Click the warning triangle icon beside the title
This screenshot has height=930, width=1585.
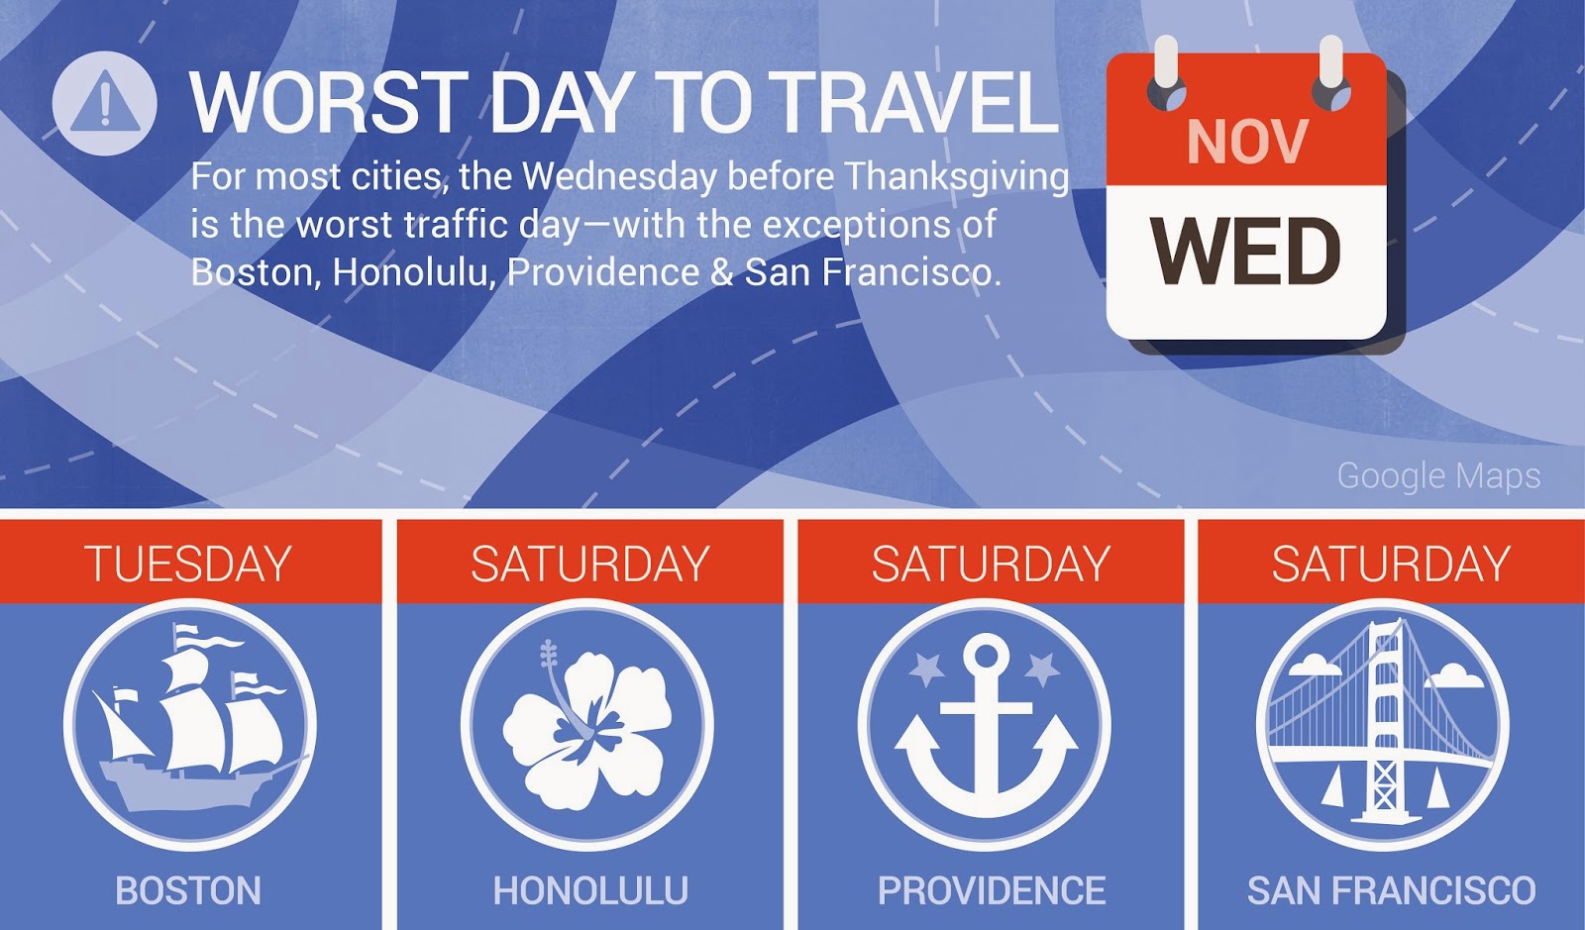coord(105,103)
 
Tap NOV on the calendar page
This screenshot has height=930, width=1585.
coord(1247,143)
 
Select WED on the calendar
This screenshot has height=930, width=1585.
coord(1246,251)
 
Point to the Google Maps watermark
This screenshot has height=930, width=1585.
coord(1438,475)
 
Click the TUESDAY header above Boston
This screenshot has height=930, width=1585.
coord(188,564)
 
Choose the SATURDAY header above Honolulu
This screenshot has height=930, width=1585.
coord(590,564)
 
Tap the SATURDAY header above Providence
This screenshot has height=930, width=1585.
coord(991,564)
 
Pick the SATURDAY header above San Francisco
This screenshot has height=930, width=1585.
coord(1391,564)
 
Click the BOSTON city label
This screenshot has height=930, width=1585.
coord(188,890)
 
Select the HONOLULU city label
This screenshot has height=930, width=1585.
coord(590,890)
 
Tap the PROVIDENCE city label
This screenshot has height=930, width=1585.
coord(992,890)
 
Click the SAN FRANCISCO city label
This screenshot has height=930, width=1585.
coord(1391,890)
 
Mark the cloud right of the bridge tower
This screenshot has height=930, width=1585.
coord(1455,676)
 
